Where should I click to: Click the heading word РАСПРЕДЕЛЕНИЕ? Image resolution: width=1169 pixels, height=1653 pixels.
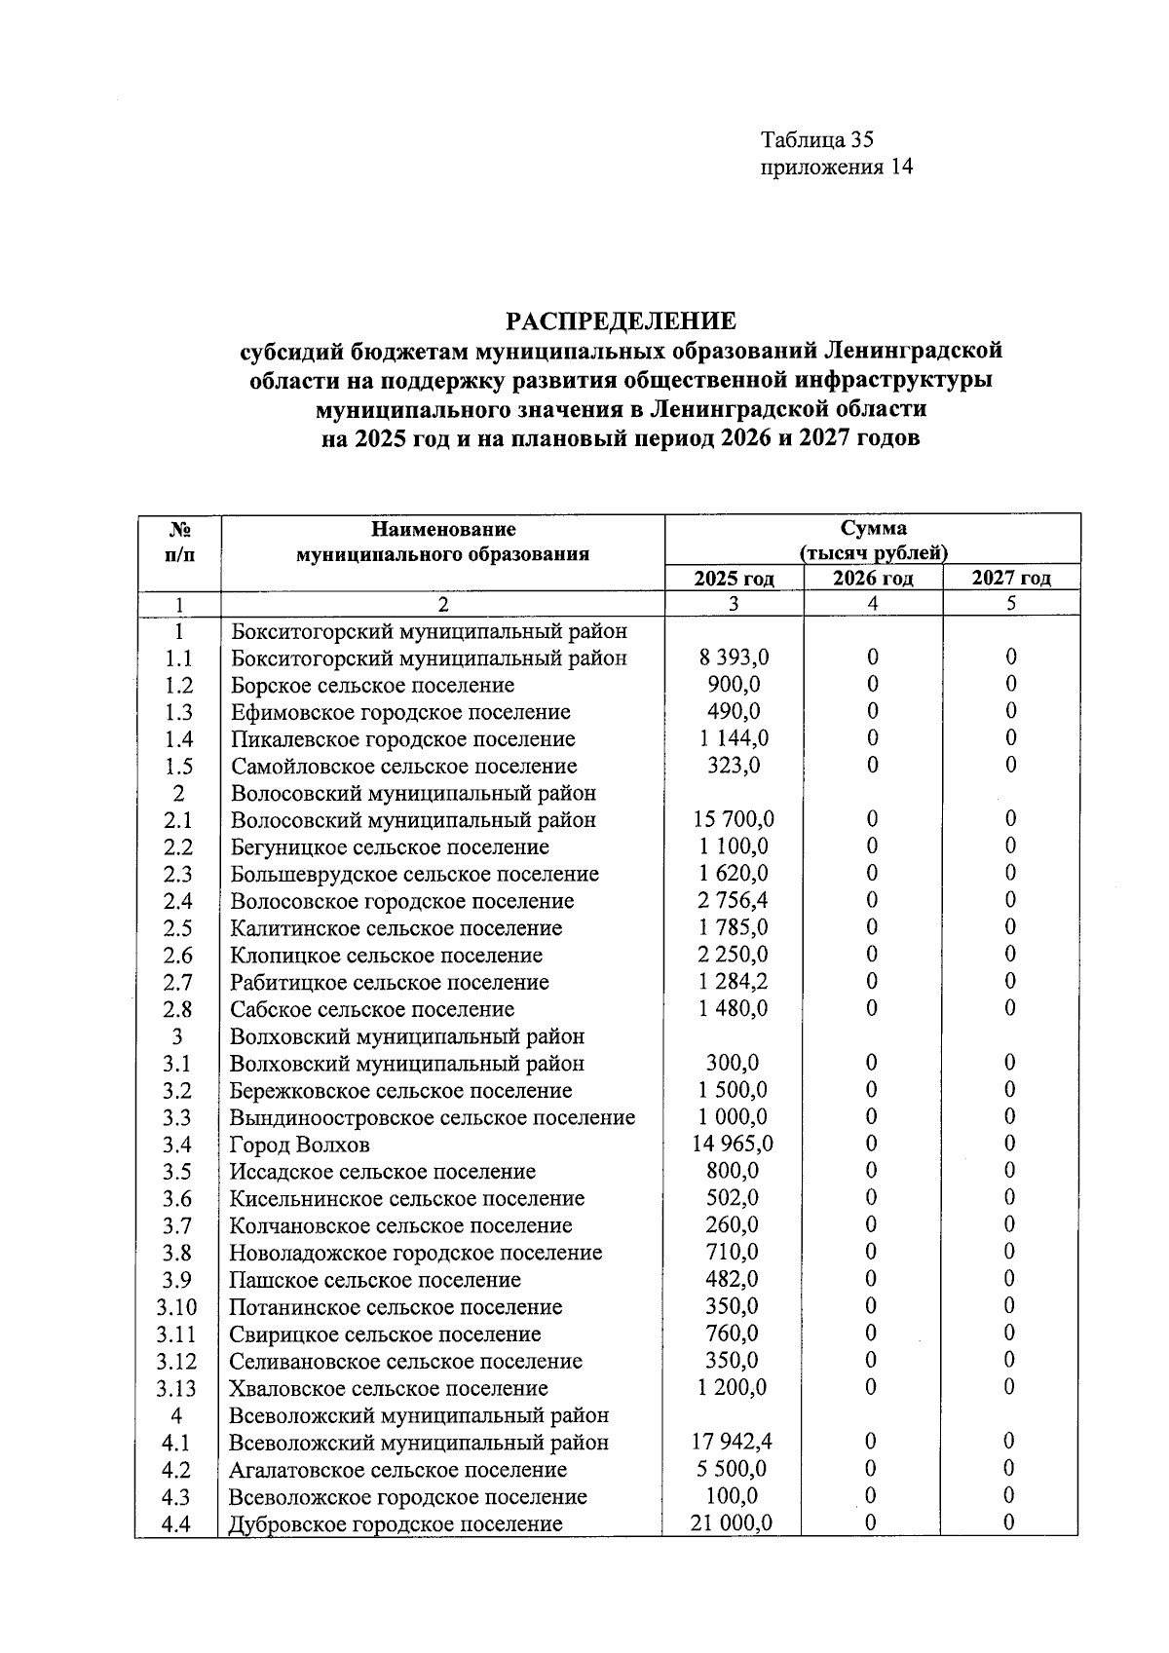[x=621, y=320]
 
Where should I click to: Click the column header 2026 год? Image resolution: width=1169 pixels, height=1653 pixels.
[x=872, y=579]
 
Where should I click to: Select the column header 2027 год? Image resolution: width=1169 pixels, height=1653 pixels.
[x=1011, y=579]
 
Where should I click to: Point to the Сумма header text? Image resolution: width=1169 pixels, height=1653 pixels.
[x=873, y=529]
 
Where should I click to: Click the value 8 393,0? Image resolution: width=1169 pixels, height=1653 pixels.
[x=734, y=657]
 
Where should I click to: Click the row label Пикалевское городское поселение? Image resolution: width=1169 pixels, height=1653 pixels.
[x=402, y=739]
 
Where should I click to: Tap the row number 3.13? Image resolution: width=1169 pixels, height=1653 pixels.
[x=178, y=1388]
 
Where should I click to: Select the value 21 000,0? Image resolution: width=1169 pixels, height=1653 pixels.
[x=732, y=1523]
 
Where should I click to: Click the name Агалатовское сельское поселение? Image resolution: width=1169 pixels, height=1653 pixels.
[x=397, y=1469]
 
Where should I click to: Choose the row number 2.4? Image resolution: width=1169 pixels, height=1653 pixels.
[x=178, y=901]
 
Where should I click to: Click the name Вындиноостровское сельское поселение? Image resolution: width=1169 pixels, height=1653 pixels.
[x=432, y=1117]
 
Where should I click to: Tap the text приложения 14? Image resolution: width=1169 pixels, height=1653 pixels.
[x=836, y=168]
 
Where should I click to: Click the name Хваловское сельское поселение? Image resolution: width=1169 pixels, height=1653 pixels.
[x=389, y=1388]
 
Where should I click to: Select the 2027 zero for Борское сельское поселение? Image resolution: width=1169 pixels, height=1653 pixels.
[x=1010, y=685]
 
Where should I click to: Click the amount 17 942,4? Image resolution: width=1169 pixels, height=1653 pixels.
[x=732, y=1442]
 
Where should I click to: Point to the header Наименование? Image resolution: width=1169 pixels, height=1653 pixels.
[x=442, y=530]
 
